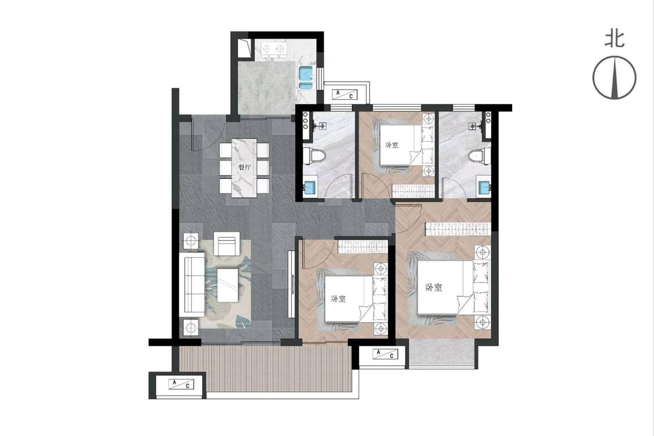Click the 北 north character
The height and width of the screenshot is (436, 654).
click(615, 39)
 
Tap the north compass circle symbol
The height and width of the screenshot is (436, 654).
click(614, 77)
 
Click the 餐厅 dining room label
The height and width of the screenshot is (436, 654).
click(244, 168)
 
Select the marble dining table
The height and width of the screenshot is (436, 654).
click(244, 168)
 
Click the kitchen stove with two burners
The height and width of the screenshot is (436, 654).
click(274, 48)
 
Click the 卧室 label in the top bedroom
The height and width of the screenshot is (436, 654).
click(392, 145)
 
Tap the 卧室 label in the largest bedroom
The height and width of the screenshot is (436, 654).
click(434, 287)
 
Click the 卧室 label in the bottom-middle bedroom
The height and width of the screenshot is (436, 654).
click(338, 299)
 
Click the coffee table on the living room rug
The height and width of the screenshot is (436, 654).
click(228, 285)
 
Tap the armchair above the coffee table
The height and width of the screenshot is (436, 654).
click(227, 244)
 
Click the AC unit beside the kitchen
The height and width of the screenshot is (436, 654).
click(345, 95)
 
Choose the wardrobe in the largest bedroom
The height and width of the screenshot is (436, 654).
click(457, 228)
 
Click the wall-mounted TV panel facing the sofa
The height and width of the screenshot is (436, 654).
click(291, 284)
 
